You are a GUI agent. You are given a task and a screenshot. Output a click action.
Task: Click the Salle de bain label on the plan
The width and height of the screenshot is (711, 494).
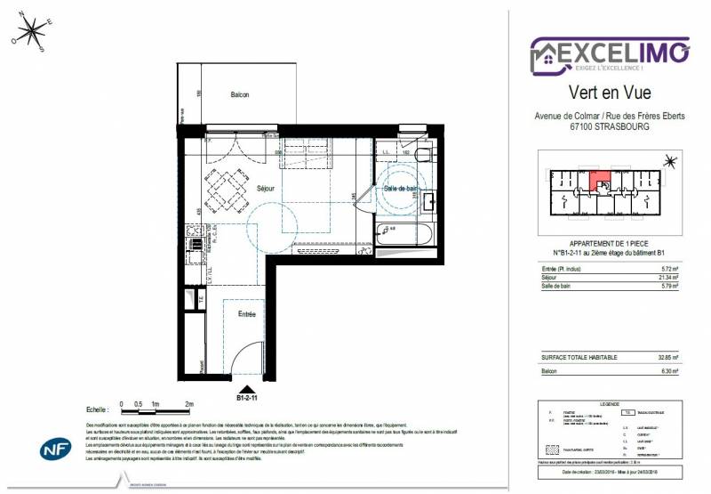click(401, 189)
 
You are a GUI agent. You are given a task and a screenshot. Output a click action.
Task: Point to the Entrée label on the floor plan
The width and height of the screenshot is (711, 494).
click(246, 314)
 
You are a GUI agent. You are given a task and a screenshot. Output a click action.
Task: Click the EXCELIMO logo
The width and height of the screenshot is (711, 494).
click(610, 53)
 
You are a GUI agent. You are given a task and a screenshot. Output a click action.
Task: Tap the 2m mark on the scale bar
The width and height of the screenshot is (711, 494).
click(188, 404)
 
